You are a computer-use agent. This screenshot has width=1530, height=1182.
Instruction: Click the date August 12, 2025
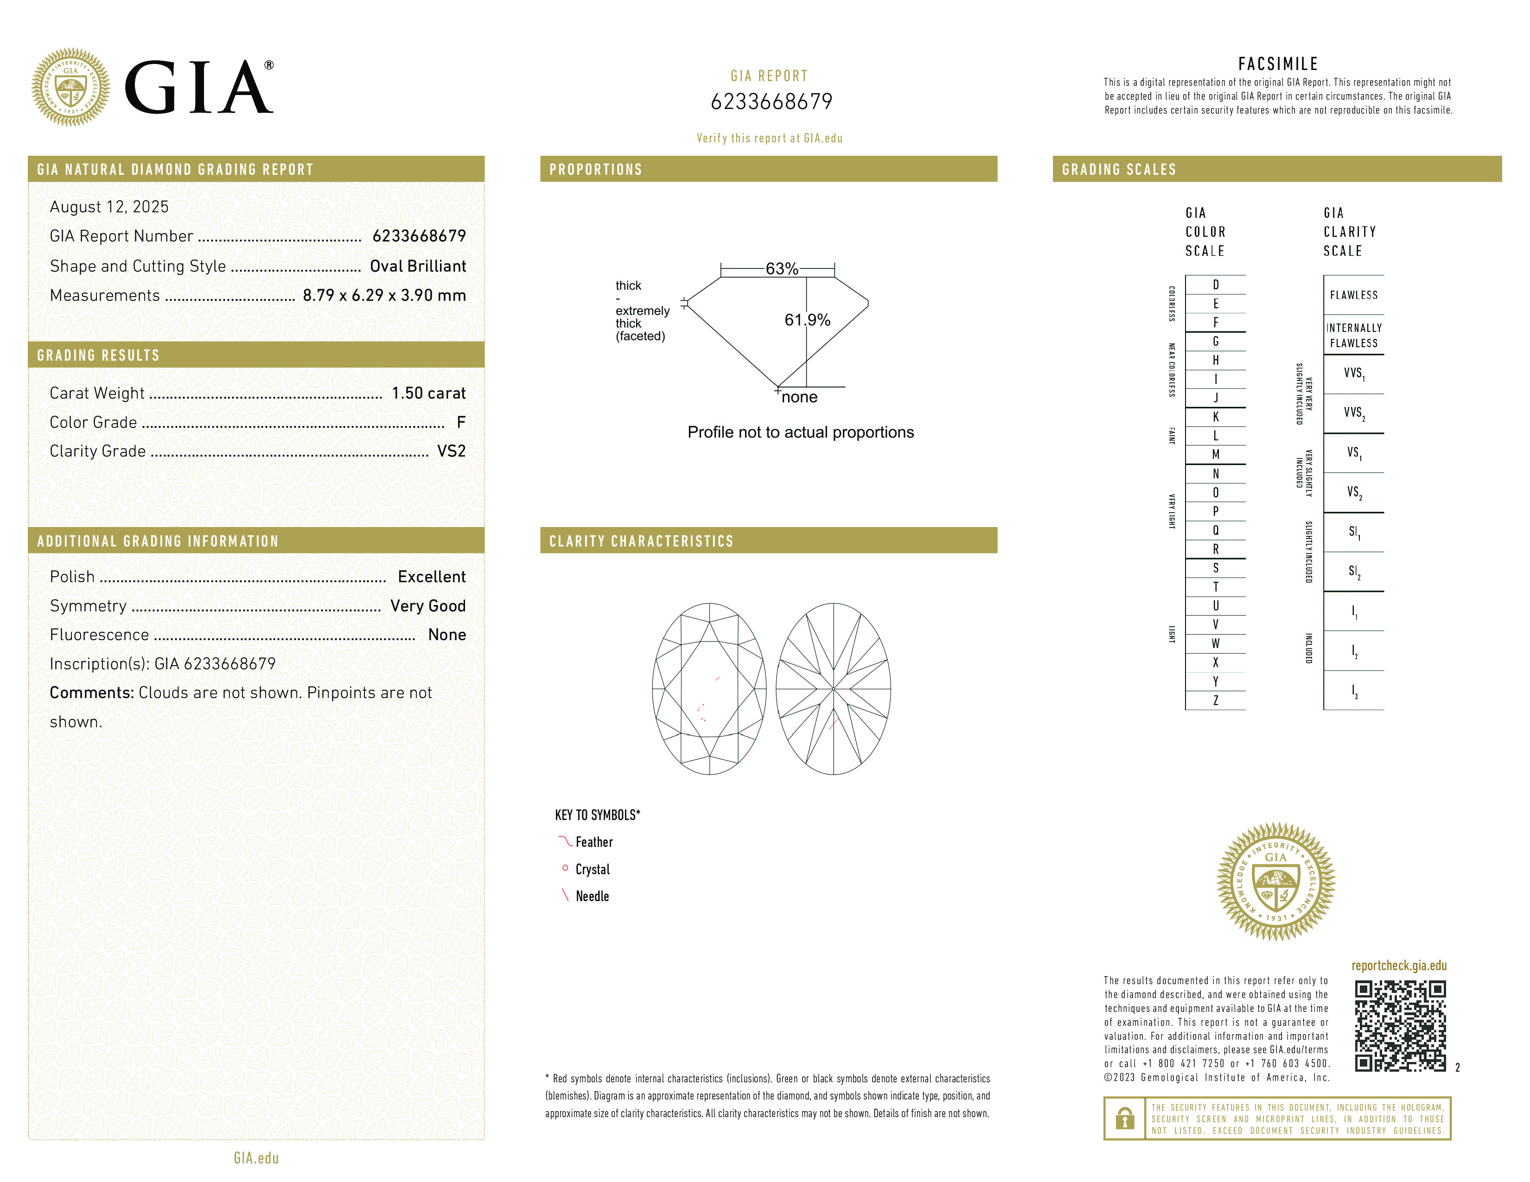[109, 207]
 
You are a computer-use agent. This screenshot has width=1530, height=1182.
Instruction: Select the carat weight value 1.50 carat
[428, 393]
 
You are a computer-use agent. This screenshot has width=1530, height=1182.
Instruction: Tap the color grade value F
[461, 422]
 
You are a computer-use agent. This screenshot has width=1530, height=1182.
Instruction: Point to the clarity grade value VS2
[451, 451]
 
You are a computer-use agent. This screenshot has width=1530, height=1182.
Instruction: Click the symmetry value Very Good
[427, 606]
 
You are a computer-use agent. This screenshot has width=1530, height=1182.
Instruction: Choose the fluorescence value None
[447, 635]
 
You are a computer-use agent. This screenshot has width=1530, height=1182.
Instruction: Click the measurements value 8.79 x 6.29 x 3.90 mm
[384, 296]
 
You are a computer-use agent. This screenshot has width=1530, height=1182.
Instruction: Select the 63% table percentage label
[781, 269]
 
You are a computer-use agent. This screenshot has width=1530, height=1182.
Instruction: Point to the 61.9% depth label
[807, 320]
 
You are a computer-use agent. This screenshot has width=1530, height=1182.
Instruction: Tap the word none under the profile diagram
[799, 397]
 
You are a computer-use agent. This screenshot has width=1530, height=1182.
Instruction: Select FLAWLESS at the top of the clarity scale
[1353, 295]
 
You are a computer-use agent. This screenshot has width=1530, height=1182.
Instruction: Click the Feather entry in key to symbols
[593, 842]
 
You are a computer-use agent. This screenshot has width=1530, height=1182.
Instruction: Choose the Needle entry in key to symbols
[592, 896]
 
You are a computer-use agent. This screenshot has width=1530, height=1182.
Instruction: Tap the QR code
[1400, 1026]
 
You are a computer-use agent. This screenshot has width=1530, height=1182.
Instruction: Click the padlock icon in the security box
[1124, 1118]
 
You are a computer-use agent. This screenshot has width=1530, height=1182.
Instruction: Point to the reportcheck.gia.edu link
[1399, 966]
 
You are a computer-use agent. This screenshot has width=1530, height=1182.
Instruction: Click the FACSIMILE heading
[1278, 64]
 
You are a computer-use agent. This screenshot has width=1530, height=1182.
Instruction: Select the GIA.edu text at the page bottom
[256, 1157]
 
